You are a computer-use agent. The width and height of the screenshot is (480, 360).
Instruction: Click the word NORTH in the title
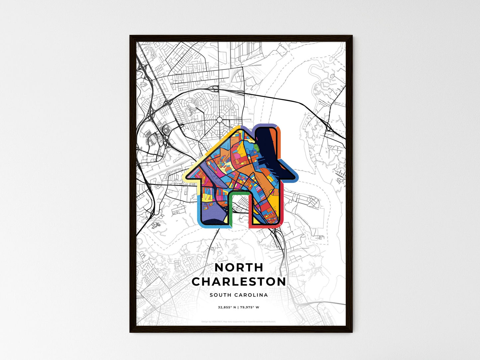(239, 267)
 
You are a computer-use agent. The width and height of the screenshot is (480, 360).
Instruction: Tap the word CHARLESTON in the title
(239, 282)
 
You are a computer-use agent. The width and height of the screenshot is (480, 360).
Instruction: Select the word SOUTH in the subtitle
(221, 295)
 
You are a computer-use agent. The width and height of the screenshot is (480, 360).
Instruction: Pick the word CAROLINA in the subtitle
(251, 295)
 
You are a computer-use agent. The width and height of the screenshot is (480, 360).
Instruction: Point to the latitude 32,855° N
(227, 307)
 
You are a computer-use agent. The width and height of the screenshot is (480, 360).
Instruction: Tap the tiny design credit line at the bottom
(239, 321)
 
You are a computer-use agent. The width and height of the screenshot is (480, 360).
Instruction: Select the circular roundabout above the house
(220, 120)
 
